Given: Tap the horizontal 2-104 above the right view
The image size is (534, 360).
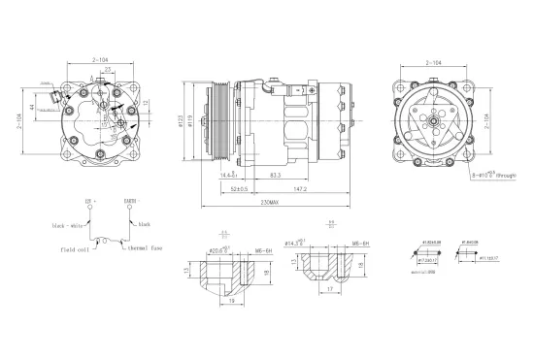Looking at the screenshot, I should [439, 62].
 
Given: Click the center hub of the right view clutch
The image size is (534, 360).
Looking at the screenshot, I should [439, 119].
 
